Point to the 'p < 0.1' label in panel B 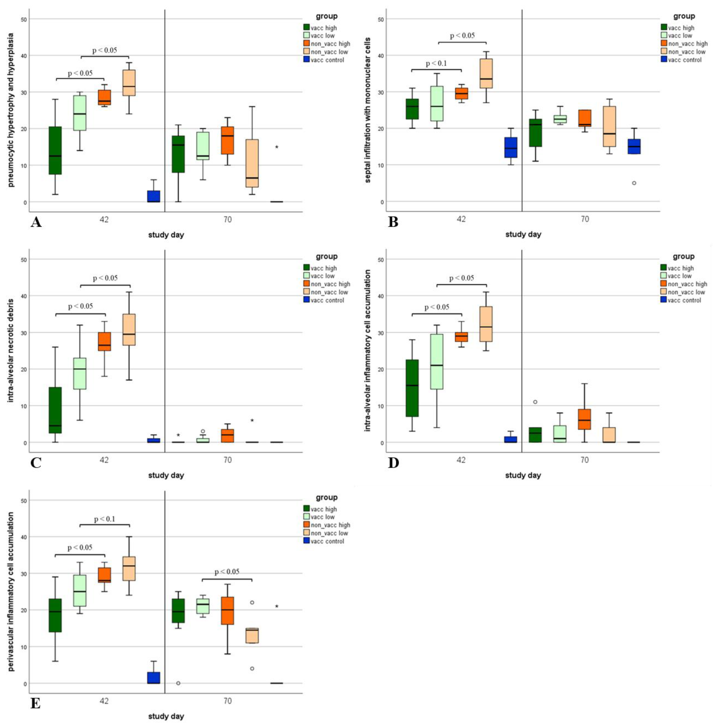click(x=436, y=64)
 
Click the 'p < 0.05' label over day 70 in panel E click(x=227, y=572)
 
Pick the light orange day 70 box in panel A click(x=252, y=163)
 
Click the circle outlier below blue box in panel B click(x=634, y=183)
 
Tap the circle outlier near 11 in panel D click(x=535, y=402)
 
